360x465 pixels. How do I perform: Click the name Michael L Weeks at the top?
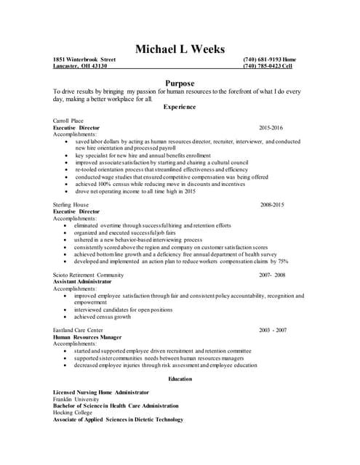point(180,49)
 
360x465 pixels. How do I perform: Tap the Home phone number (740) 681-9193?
point(269,59)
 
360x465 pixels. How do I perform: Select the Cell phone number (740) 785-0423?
point(268,66)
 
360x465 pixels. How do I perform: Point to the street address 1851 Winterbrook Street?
point(85,59)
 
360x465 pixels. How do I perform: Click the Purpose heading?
point(180,83)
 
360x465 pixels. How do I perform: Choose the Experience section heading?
point(180,107)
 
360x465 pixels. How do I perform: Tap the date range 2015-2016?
point(271,127)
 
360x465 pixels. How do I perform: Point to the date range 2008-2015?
point(272,205)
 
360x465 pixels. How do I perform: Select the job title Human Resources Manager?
point(87,337)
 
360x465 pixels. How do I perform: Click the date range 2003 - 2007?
point(273,330)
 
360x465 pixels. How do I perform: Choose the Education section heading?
point(180,379)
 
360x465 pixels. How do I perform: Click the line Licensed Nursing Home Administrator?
point(101,392)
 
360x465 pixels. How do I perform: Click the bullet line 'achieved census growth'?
point(103,317)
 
